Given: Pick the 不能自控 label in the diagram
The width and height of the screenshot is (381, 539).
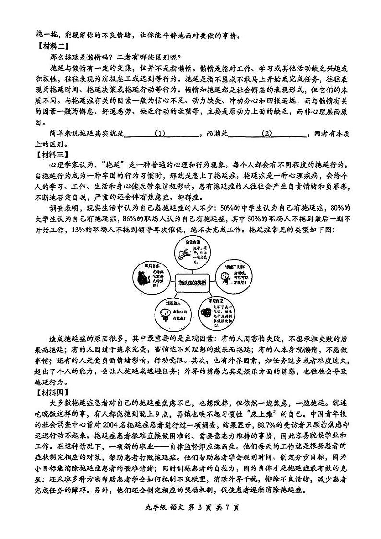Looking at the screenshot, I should [x=218, y=300].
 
